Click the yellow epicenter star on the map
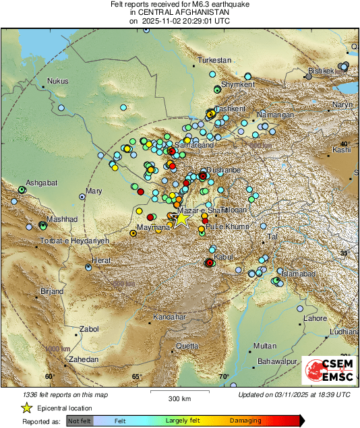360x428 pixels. coord(181,218)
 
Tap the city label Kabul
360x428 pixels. coord(222,257)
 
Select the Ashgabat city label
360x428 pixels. coord(41,183)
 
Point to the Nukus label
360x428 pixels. coord(57,82)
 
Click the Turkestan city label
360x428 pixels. coord(214,61)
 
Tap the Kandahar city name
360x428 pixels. coord(169,317)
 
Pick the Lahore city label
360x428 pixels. coord(315,318)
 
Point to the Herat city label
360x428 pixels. coord(100,260)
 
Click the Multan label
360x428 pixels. coord(265,346)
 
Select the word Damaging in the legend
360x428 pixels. coord(245,421)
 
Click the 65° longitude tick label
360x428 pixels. coord(137,377)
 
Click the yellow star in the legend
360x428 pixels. coord(26,408)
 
